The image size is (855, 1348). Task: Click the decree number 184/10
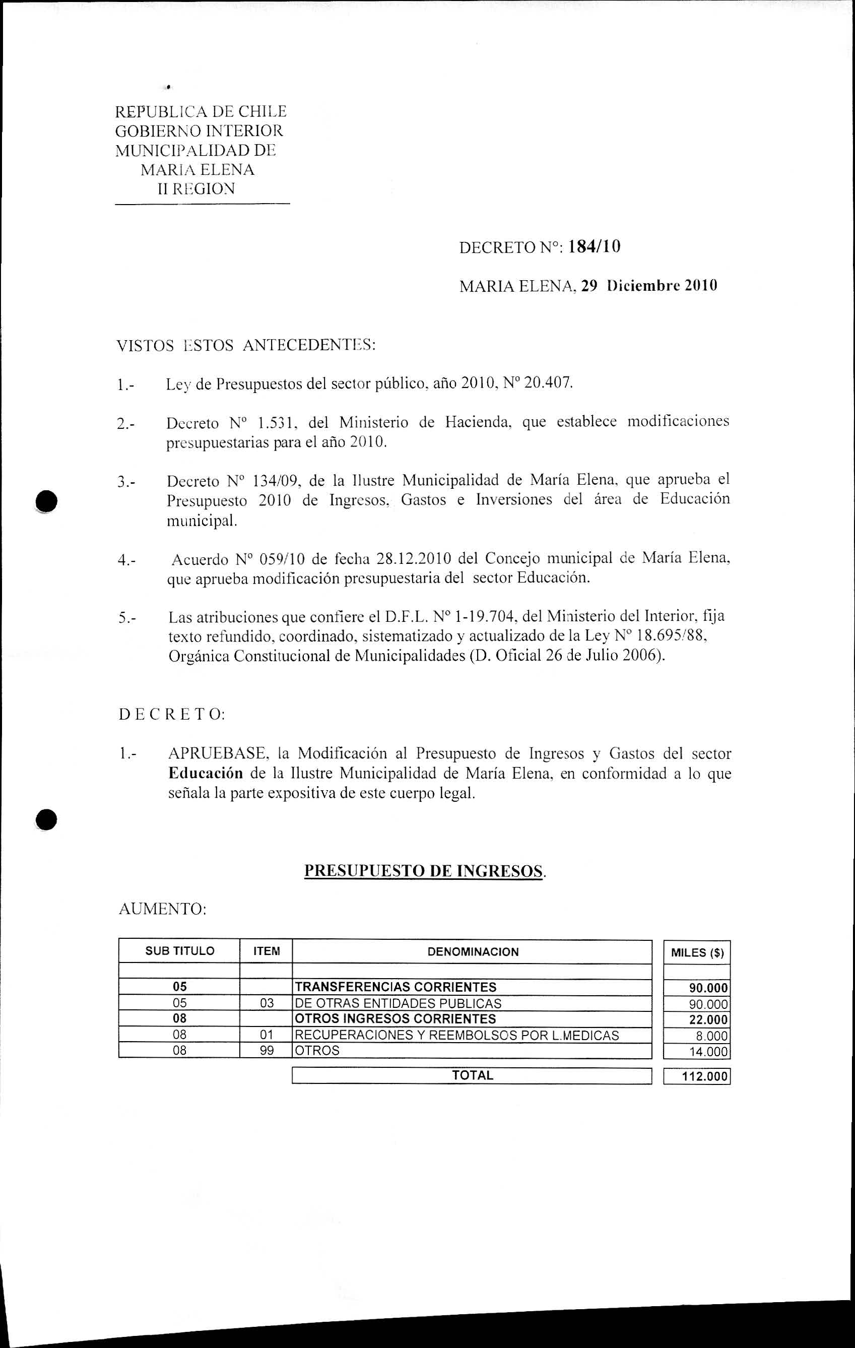click(x=594, y=247)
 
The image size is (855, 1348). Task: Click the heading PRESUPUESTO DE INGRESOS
click(x=423, y=870)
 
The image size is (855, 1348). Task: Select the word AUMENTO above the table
click(x=162, y=909)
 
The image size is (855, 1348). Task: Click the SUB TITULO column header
click(x=180, y=951)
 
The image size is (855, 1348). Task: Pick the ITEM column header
click(x=267, y=951)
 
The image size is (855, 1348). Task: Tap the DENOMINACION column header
click(x=473, y=951)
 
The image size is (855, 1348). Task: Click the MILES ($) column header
click(x=697, y=953)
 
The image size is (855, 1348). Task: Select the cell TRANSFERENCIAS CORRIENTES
click(x=396, y=986)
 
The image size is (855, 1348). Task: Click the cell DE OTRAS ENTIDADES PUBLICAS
click(x=398, y=1003)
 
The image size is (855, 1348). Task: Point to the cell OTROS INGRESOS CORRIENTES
click(x=395, y=1019)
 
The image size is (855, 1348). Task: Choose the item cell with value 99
click(x=267, y=1050)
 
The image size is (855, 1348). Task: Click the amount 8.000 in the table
click(x=712, y=1036)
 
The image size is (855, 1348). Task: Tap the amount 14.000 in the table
click(x=708, y=1052)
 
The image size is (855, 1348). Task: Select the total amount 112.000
click(x=704, y=1076)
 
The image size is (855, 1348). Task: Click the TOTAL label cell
click(x=472, y=1075)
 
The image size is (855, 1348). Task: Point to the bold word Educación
click(x=206, y=774)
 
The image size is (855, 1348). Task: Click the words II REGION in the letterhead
click(x=196, y=189)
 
